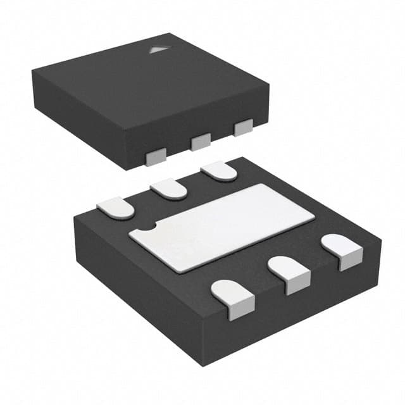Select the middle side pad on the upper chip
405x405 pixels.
coord(201,142)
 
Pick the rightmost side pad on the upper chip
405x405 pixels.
coord(243,128)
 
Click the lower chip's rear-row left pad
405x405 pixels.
coord(116,206)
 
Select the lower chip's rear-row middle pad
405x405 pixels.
coord(169,188)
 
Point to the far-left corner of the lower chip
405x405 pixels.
coord(74,216)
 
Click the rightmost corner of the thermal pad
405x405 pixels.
coord(315,218)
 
